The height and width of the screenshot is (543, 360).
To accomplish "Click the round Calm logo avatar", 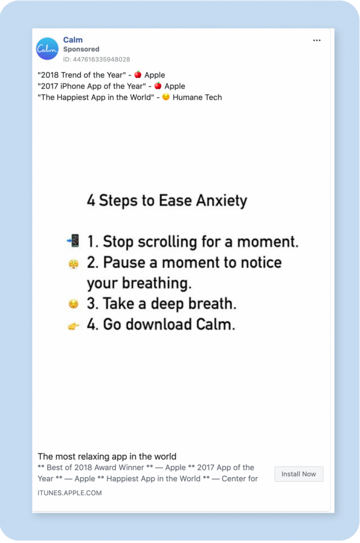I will tap(47, 49).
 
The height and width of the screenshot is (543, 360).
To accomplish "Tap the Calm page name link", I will tap(73, 40).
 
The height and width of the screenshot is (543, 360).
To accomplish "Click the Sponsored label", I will tap(81, 49).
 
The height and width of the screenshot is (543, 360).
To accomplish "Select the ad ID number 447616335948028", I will tap(96, 59).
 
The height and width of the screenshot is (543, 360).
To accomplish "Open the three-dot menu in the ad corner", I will tap(317, 40).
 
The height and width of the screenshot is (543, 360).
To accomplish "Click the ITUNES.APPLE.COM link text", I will tap(69, 493).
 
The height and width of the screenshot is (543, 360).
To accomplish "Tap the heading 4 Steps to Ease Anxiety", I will tap(167, 201).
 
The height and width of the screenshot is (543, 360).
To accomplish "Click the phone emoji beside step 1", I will tap(73, 241).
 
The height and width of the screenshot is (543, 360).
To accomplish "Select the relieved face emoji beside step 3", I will tap(73, 304).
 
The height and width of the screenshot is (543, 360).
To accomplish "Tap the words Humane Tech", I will tap(197, 97).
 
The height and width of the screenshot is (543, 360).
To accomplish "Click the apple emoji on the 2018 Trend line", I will tap(138, 75).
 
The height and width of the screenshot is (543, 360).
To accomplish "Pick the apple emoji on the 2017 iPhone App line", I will tap(157, 86).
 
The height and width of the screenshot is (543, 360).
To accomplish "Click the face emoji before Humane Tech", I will tap(166, 98).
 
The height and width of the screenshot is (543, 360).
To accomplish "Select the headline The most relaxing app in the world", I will tap(107, 456).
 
